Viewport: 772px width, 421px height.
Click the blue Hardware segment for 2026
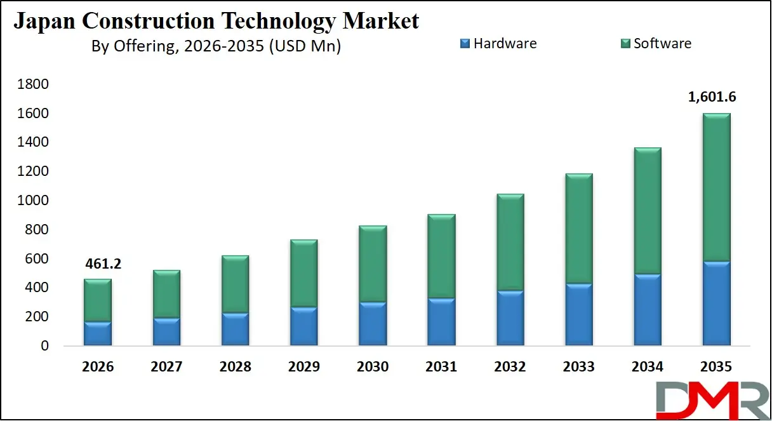pos(98,334)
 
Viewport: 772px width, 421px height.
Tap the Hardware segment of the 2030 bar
pos(373,324)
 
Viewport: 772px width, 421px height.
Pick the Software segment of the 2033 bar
pos(578,229)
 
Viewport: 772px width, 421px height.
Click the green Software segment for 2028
pos(236,284)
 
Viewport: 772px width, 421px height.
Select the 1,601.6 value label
pos(712,97)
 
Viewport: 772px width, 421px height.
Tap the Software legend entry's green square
pos(625,44)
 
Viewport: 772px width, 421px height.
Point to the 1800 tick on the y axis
pos(35,84)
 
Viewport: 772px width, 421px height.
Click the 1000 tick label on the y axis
pos(35,201)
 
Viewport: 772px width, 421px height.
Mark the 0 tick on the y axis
pos(44,346)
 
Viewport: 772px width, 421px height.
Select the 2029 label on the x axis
pos(303,367)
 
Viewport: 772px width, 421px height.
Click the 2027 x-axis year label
pos(167,367)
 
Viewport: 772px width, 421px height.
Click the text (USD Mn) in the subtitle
pos(305,46)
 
